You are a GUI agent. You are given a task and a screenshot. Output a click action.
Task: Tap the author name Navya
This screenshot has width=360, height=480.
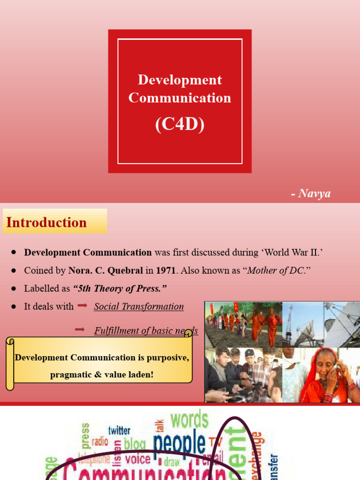314,194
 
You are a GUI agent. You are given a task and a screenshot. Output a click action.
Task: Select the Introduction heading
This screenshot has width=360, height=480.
46,223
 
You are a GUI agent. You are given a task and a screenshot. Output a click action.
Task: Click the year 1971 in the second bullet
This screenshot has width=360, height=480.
168,270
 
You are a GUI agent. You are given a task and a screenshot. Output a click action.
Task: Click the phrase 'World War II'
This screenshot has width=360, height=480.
292,252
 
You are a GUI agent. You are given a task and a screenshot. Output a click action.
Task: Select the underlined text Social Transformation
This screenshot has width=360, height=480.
139,307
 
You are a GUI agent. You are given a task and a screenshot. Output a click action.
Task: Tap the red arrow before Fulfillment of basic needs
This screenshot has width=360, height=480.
80,330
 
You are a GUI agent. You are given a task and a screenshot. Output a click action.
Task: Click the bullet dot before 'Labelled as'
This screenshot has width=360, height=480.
14,288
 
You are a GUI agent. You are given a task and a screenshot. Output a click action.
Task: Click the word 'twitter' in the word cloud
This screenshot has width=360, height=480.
119,430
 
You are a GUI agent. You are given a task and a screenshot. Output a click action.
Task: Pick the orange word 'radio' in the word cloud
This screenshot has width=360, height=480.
99,441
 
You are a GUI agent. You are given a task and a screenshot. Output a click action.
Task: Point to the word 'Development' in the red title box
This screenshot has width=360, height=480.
180,80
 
